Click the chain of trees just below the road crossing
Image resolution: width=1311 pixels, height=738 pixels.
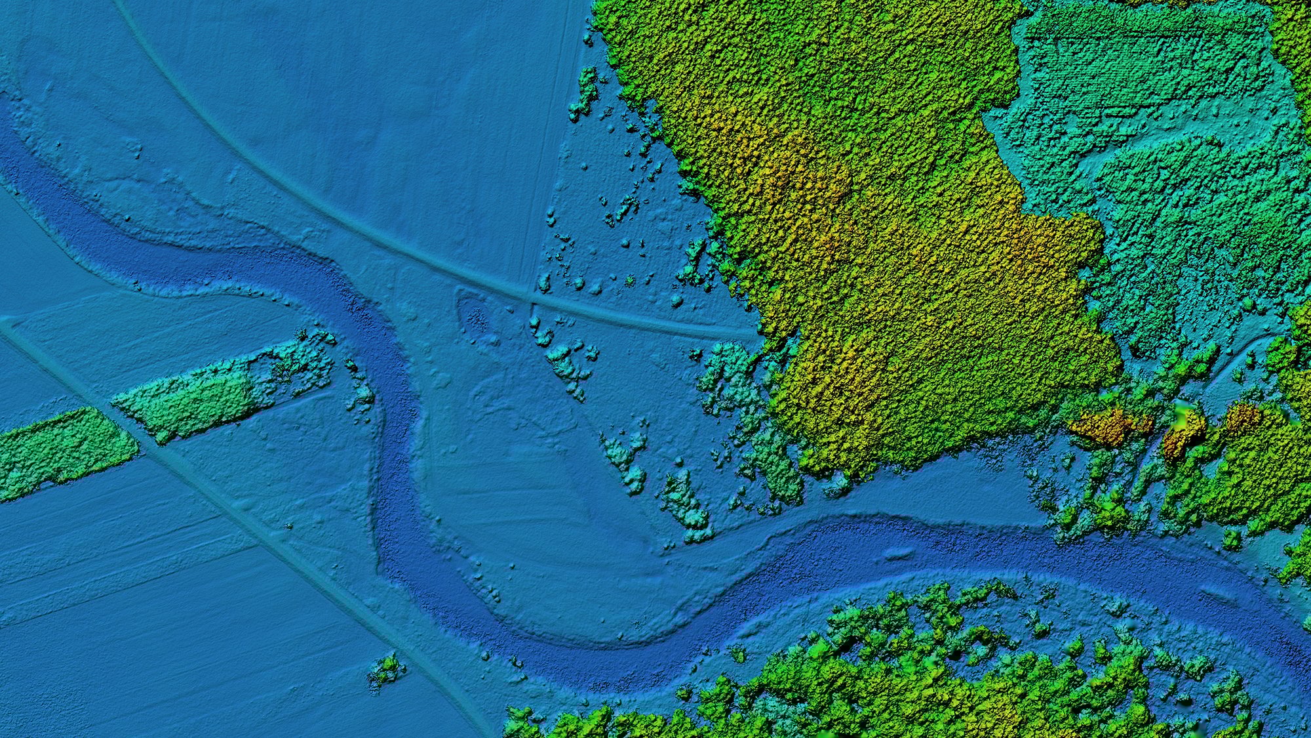tap(564, 358)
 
